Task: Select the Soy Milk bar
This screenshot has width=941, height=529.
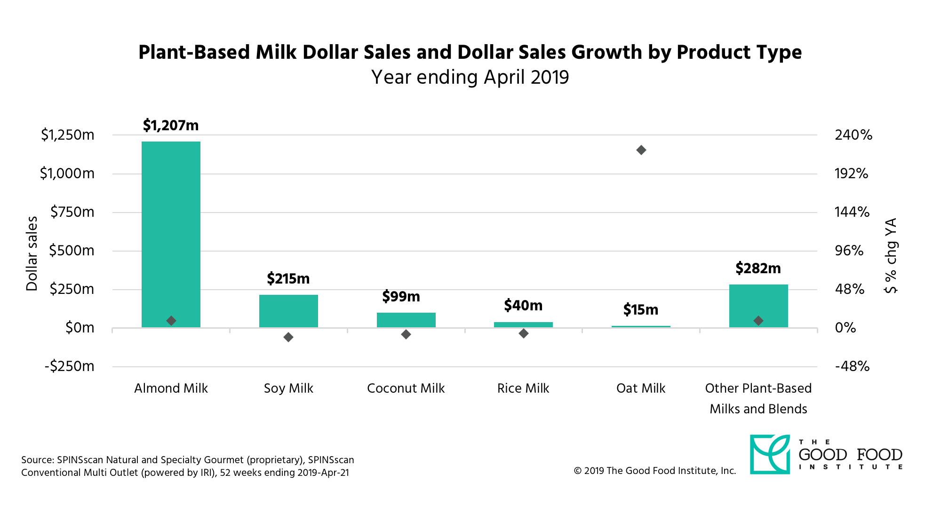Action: tap(288, 311)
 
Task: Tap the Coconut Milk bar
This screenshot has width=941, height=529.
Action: tap(406, 320)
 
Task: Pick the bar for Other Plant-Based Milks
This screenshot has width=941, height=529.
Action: tap(758, 306)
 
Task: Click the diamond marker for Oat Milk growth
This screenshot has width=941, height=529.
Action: tap(641, 150)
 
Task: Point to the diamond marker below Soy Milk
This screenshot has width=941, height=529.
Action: tap(288, 337)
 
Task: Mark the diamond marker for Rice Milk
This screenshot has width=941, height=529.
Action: tap(524, 333)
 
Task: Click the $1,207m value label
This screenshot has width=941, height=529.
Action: tap(171, 125)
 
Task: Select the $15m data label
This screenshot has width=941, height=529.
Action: tap(641, 309)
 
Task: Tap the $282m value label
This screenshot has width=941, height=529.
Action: tap(758, 268)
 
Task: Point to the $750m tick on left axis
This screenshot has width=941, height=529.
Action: tap(72, 212)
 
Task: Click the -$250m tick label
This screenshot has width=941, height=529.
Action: tap(70, 366)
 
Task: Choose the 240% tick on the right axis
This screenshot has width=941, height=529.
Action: tap(853, 135)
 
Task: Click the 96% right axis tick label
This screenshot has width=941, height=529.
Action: tap(849, 251)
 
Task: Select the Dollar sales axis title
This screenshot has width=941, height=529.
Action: tap(32, 253)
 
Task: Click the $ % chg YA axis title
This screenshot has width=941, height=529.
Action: tap(891, 255)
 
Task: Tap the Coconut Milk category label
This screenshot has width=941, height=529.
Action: tap(406, 388)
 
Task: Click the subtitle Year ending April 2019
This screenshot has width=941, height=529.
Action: tap(470, 77)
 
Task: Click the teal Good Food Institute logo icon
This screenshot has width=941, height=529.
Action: tap(770, 454)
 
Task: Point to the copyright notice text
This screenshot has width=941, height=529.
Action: tap(654, 471)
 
